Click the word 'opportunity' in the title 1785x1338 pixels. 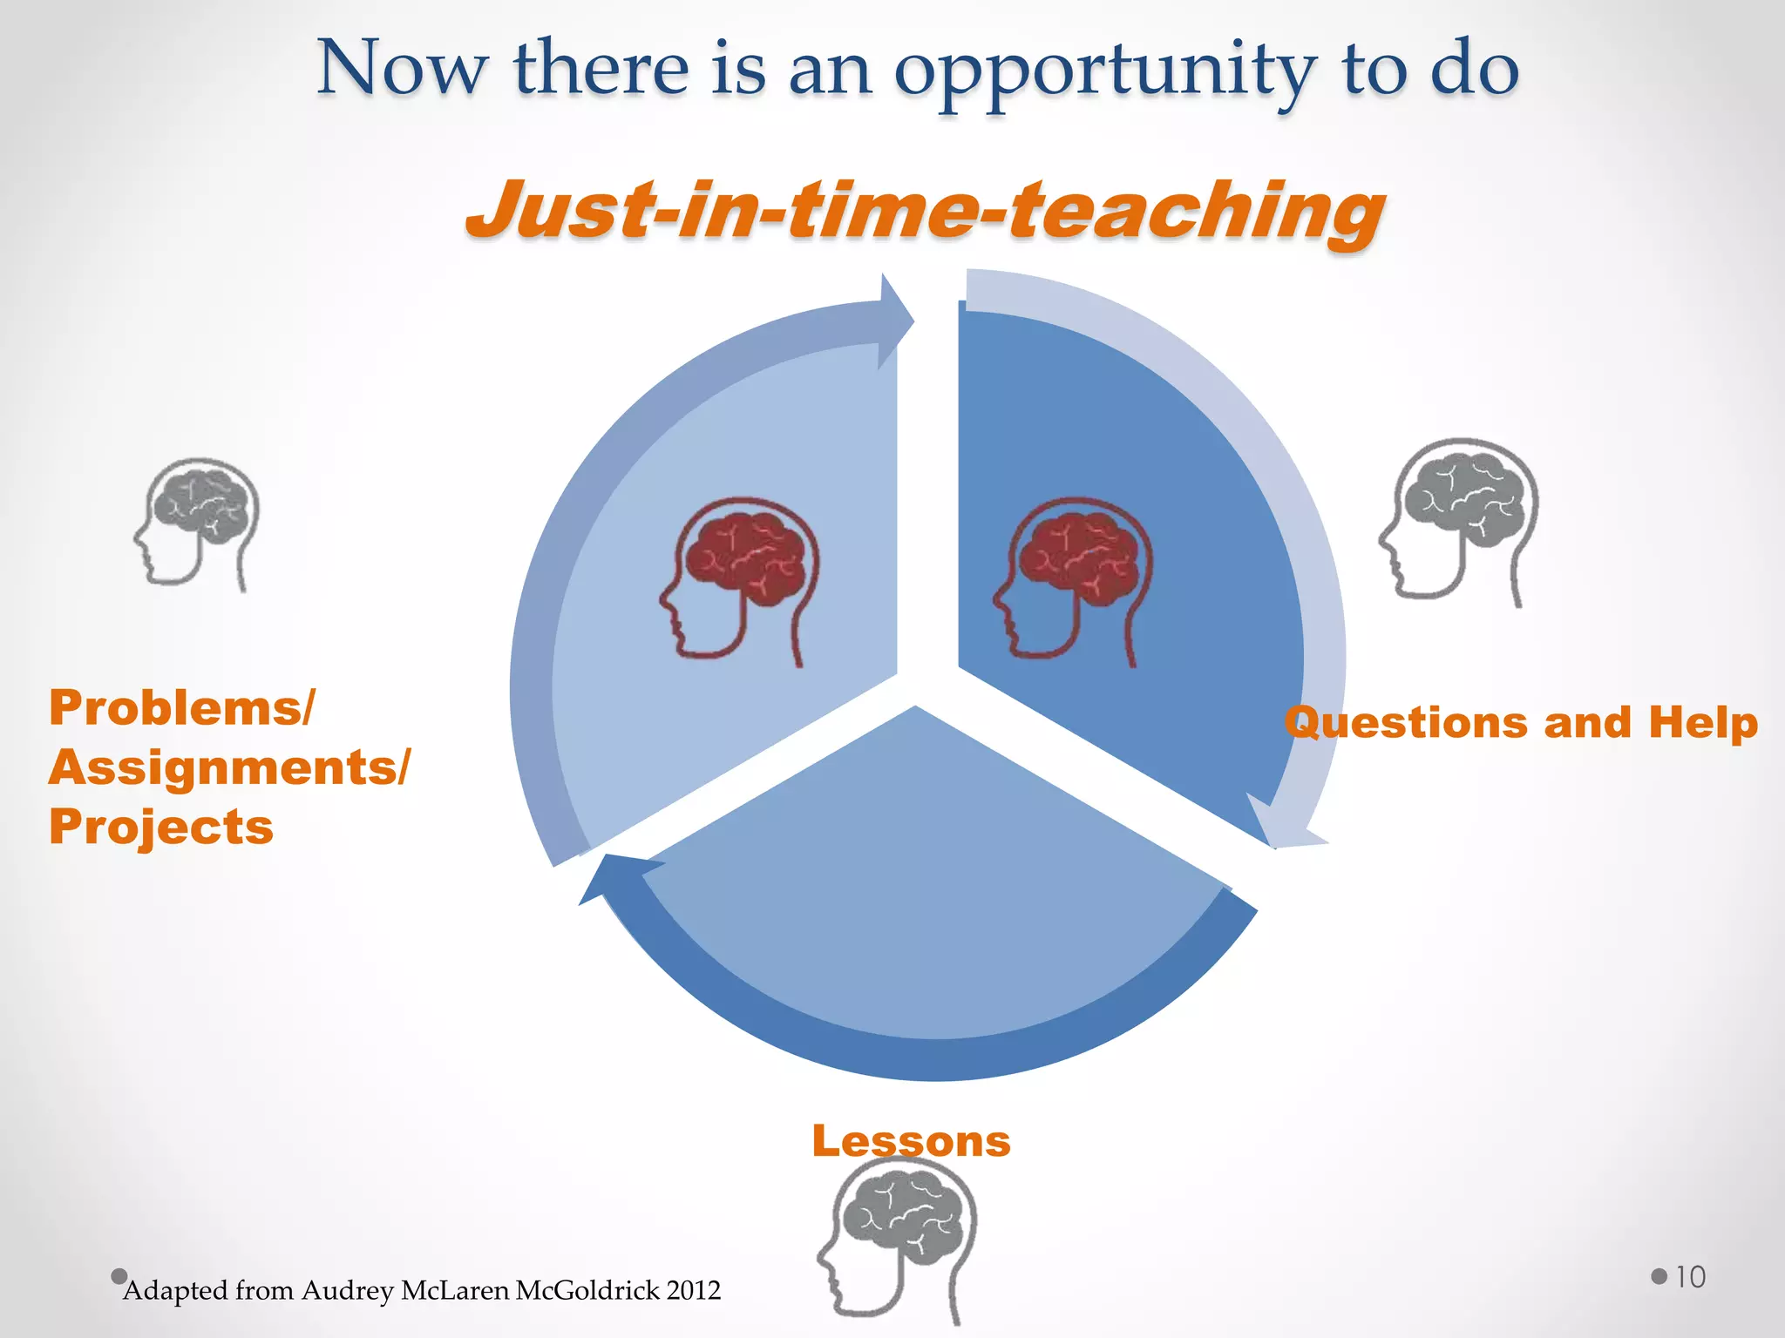pos(1105,71)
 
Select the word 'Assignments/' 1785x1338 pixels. pos(228,767)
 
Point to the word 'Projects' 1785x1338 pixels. pos(161,826)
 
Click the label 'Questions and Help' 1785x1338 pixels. pos(1521,722)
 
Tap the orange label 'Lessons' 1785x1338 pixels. pos(911,1140)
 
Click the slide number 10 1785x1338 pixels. pos(1690,1277)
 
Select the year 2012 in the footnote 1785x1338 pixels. pos(694,1290)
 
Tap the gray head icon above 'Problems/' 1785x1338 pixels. pos(198,524)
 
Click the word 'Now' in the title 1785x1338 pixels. pos(402,70)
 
